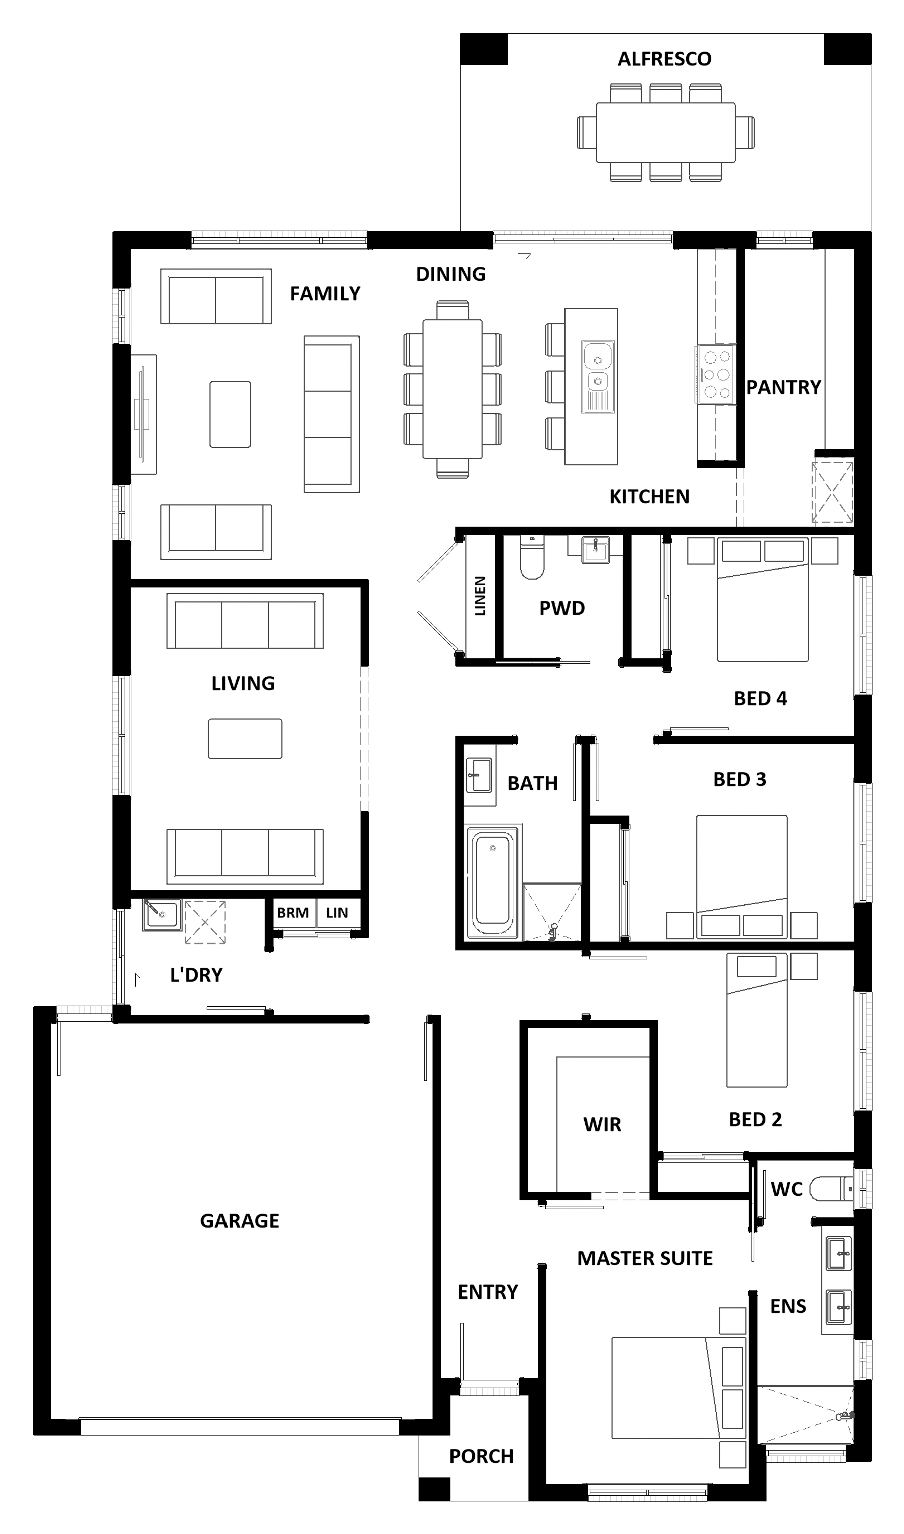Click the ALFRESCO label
coord(664,59)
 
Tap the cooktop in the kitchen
coord(716,374)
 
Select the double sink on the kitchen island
coord(598,377)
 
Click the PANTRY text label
coord(783,387)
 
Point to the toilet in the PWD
coord(532,556)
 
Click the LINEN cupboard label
coord(480,596)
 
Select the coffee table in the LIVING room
coord(245,739)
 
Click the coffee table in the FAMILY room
coord(230,414)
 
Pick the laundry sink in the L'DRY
coord(161,915)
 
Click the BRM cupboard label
coord(293,913)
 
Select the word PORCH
coord(481,1456)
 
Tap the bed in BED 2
coord(756,1019)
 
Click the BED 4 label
coord(760,698)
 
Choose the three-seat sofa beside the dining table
coord(331,414)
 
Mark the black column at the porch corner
coord(434,1489)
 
